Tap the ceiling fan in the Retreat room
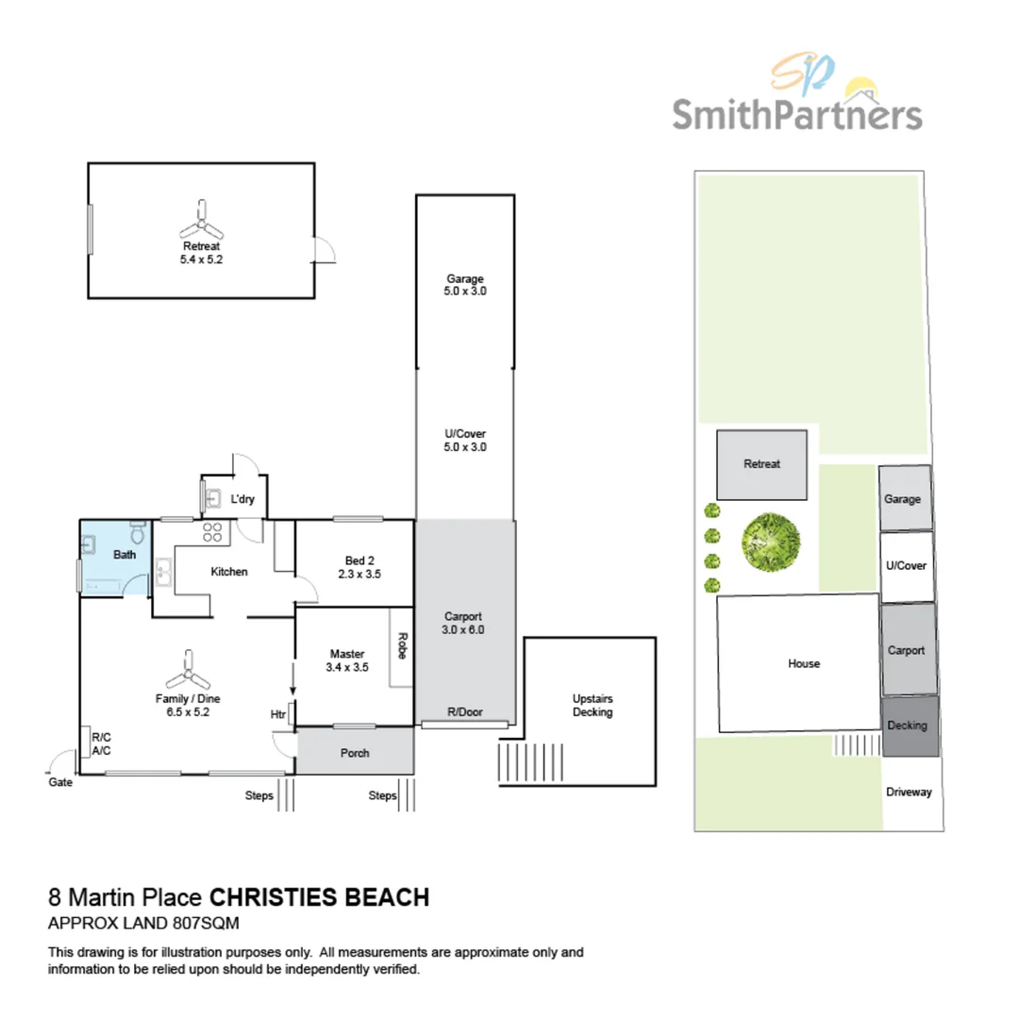coord(201,222)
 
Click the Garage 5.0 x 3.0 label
coord(465,285)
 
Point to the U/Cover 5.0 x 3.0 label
coord(465,441)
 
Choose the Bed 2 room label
coord(359,566)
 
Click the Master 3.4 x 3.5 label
coord(348,660)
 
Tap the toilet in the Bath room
coord(138,535)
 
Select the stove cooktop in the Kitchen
coord(211,532)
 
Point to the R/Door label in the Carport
coord(465,713)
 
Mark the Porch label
coord(355,753)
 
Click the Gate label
coord(59,782)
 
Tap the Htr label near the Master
coord(278,714)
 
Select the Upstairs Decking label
coord(593,706)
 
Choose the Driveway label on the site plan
coord(909,792)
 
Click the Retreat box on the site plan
coord(761,464)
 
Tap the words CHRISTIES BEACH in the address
coord(318,896)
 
